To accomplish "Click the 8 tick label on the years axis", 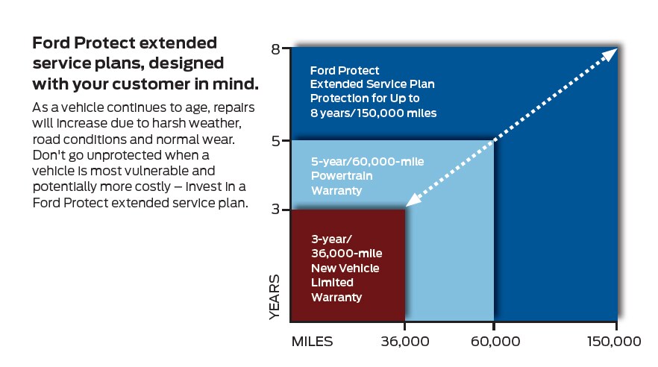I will [276, 50].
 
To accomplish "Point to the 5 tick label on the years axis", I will [276, 140].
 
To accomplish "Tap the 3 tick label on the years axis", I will [276, 210].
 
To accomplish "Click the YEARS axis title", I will [275, 298].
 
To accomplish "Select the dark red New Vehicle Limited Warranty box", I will [347, 265].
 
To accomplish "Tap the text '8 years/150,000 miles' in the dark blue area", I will [373, 113].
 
